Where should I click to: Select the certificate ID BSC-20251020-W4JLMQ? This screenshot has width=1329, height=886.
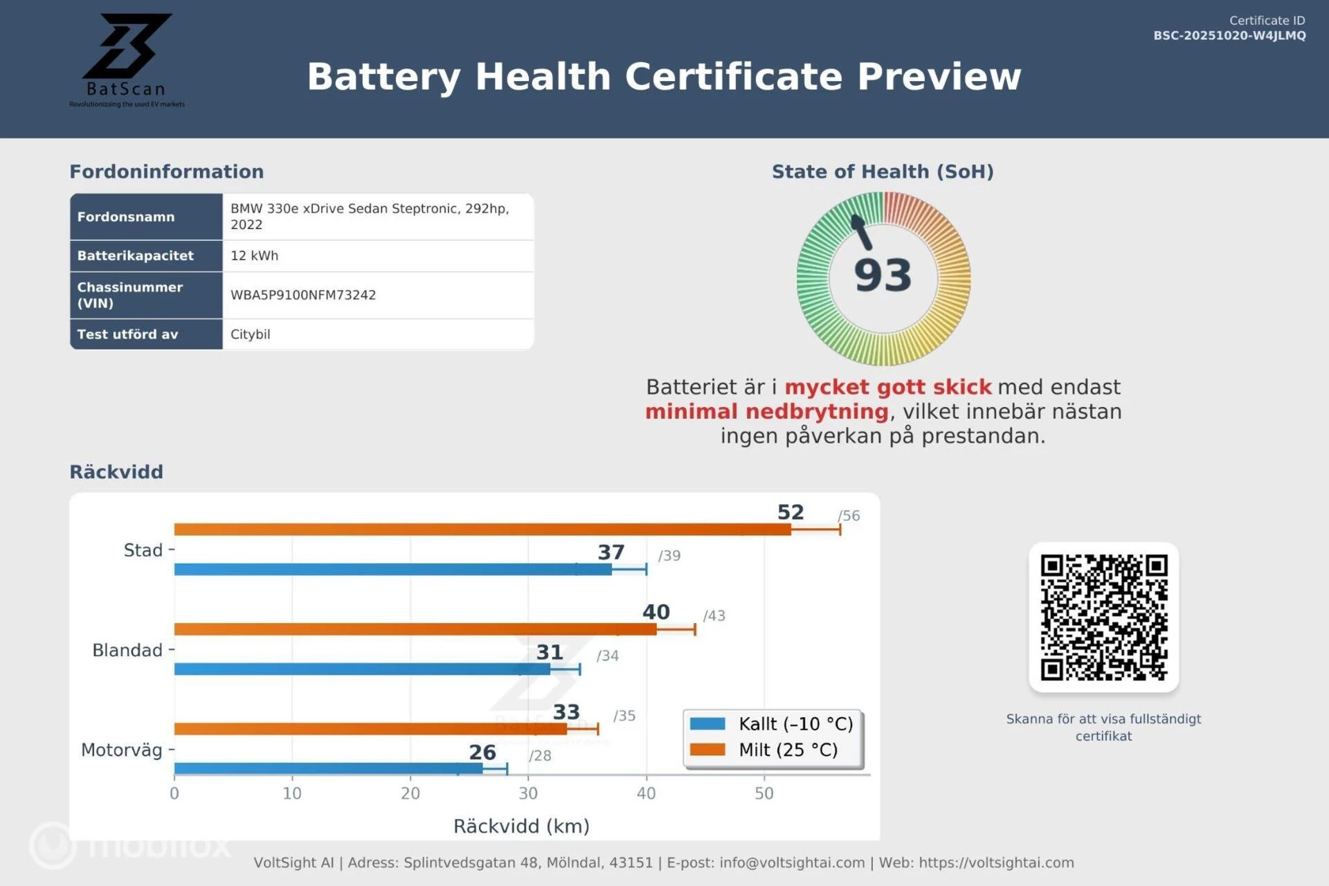(x=1229, y=35)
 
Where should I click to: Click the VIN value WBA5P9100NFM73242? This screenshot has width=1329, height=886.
(x=303, y=295)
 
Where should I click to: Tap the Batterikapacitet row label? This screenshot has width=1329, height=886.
(x=136, y=255)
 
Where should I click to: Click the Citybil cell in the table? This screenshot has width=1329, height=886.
(x=251, y=334)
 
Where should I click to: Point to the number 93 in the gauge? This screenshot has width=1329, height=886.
(x=883, y=275)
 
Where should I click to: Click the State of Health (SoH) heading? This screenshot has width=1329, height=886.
(x=883, y=172)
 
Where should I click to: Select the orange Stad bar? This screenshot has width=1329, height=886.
(x=482, y=530)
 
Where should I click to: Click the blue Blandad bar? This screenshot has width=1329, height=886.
(x=362, y=669)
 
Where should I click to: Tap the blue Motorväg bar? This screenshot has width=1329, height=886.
(x=328, y=768)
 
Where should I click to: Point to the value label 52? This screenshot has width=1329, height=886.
(x=790, y=512)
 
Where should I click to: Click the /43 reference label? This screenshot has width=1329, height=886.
(x=714, y=615)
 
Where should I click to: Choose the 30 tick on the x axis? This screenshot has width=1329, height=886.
(x=528, y=793)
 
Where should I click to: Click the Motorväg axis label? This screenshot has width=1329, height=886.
(x=122, y=750)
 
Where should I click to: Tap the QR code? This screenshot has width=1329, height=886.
(x=1103, y=617)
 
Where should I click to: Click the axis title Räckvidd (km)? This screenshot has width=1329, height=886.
(x=521, y=826)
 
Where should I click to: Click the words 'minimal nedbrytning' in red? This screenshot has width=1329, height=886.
(x=766, y=412)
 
